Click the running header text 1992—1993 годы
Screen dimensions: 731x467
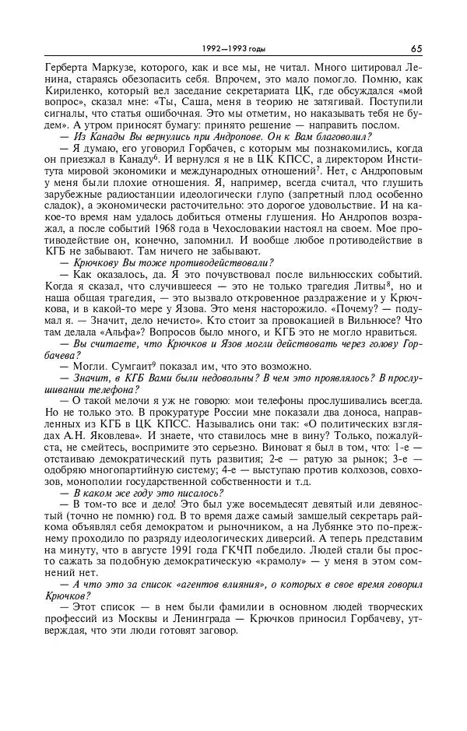[x=233, y=48]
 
